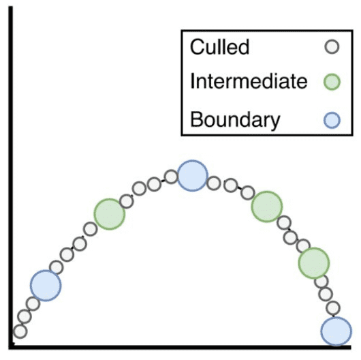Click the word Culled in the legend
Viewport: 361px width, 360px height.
coord(219,47)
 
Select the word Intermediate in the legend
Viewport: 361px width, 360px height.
coord(249,81)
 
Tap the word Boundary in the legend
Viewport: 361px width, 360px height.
coord(235,120)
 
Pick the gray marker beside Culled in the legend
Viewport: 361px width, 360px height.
coord(332,46)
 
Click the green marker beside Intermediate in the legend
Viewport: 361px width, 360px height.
coord(332,82)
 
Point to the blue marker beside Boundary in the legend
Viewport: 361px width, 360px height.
coord(332,120)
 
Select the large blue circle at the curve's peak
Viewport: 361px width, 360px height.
coord(193,176)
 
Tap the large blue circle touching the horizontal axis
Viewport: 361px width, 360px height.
coord(336,331)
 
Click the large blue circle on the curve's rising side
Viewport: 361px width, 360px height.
coord(46,286)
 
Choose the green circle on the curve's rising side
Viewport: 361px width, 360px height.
coord(110,214)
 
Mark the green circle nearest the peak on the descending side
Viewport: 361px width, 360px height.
coord(267,207)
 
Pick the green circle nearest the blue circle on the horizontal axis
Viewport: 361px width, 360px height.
coord(314,263)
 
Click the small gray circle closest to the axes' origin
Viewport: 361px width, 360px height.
coord(20,331)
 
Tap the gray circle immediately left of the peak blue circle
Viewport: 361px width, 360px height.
coord(171,177)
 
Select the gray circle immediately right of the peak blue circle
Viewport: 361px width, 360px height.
coord(214,183)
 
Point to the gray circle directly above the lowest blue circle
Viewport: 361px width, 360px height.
coord(333,308)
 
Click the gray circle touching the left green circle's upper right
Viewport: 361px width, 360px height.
coord(127,201)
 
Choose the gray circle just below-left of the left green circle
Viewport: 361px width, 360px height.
coord(91,229)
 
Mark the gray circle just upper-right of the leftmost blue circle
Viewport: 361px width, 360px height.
coord(57,267)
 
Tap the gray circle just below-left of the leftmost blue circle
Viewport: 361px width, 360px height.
coord(33,304)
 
